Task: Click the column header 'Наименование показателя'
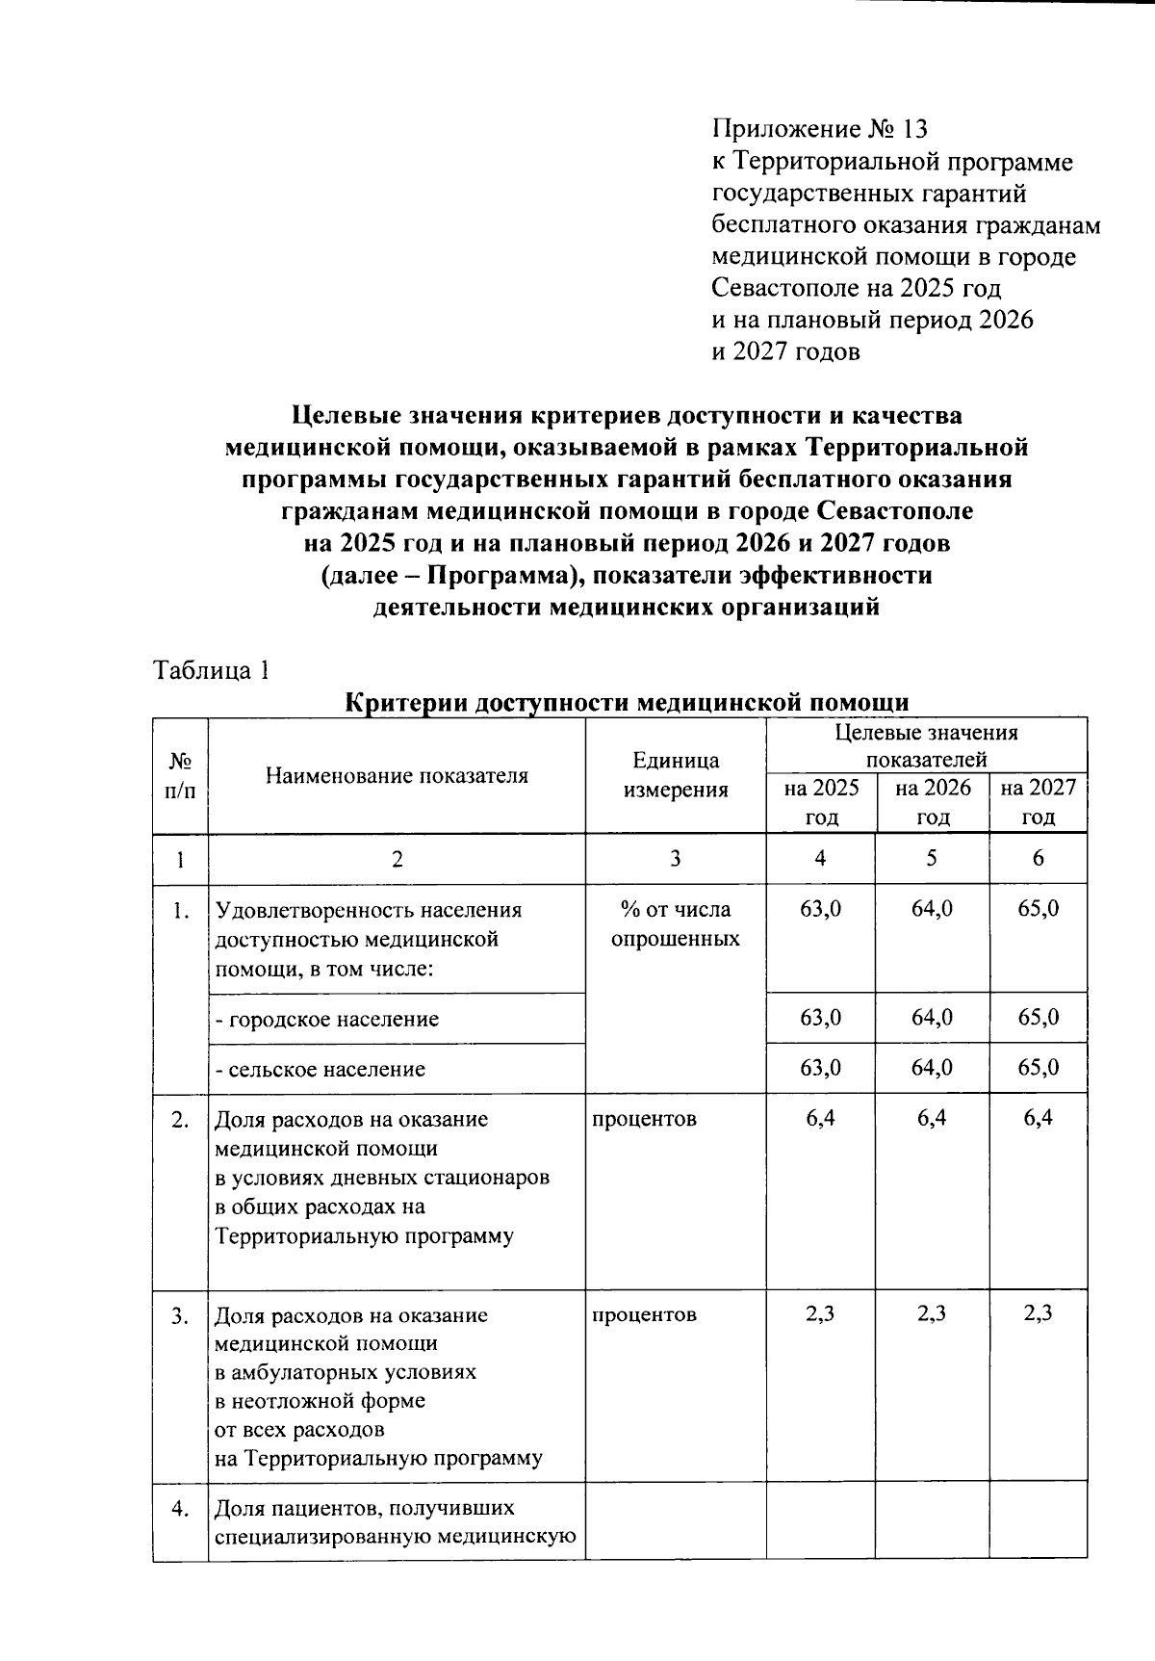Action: (x=397, y=775)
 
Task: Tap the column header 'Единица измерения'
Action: (x=676, y=775)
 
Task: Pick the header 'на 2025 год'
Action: (x=821, y=802)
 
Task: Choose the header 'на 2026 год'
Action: (x=932, y=802)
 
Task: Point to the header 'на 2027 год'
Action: (x=1038, y=802)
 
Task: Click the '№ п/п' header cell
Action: (x=180, y=775)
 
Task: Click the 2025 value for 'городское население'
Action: (x=821, y=1018)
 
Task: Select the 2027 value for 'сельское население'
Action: (x=1038, y=1068)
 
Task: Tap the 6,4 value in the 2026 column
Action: (x=932, y=1118)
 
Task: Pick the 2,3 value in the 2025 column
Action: (x=821, y=1313)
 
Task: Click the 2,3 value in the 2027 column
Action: (x=1038, y=1313)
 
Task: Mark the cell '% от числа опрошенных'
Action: (x=676, y=924)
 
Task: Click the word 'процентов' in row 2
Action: (x=644, y=1119)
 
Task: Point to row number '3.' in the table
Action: (x=180, y=1315)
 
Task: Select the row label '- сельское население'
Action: (x=320, y=1069)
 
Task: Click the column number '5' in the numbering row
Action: (x=932, y=858)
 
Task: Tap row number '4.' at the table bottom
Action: (x=180, y=1508)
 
